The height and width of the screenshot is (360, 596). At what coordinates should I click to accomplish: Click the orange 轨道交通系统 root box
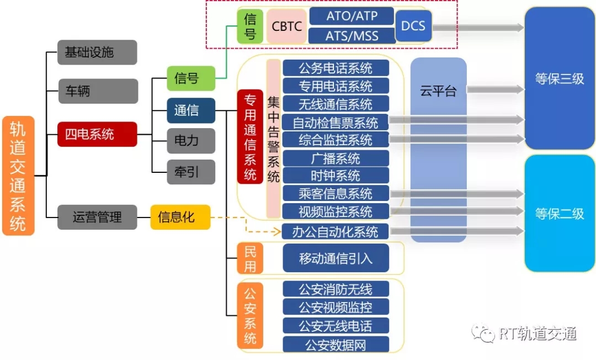pos(18,176)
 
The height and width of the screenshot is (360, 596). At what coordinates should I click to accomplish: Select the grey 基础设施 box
pos(97,52)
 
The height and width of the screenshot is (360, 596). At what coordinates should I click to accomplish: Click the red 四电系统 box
pos(97,134)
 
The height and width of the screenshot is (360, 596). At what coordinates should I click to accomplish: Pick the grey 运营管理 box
pos(97,217)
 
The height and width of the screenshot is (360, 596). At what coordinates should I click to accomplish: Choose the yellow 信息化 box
pos(180,217)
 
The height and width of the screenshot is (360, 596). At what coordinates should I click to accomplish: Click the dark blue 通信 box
pos(191,110)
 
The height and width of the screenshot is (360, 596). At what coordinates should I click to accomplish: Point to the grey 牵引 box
pos(191,172)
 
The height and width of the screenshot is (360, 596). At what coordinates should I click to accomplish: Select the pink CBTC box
pos(286,27)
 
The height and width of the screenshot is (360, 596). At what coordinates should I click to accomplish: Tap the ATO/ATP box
pos(352,15)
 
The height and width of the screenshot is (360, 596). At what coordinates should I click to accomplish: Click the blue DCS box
pos(413,26)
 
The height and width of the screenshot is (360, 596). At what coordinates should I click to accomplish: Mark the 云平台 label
pos(438,91)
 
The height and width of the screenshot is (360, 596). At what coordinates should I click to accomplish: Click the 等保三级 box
pos(560,78)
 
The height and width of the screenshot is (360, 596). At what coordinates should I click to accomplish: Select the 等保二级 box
pos(560,213)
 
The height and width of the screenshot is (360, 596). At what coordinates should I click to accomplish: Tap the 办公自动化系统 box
pos(336,231)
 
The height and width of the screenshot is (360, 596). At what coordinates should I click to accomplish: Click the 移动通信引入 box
pos(336,258)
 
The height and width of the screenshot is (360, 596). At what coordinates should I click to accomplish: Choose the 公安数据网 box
pos(336,345)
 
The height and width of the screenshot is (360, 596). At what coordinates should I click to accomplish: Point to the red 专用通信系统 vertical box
pos(250,137)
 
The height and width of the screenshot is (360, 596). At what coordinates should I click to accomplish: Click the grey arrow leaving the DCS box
pos(478,27)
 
